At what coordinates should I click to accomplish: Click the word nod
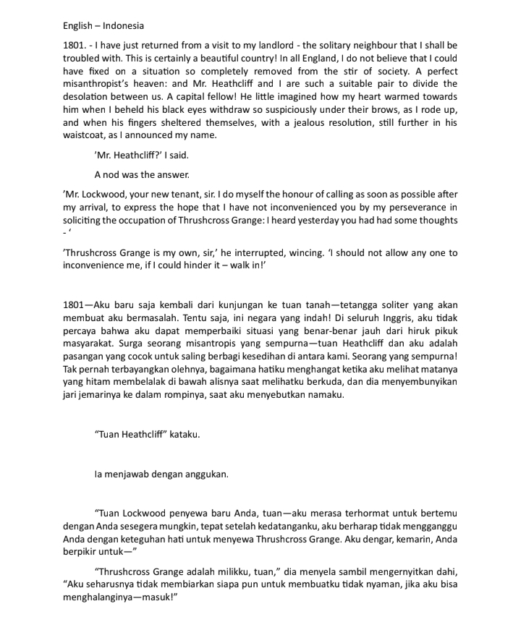pos(114,174)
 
